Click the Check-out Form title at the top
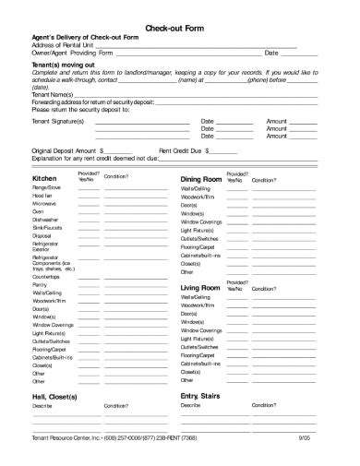(180, 29)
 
